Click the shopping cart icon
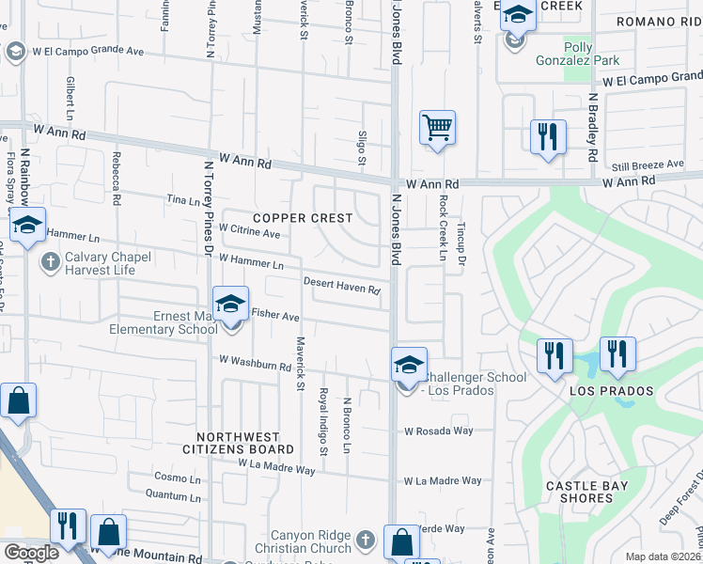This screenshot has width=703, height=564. pyautogui.click(x=437, y=127)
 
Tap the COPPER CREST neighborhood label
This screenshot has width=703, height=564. pyautogui.click(x=303, y=218)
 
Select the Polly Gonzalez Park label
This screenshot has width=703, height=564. pyautogui.click(x=592, y=54)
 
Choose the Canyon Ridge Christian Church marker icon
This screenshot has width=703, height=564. pyautogui.click(x=366, y=540)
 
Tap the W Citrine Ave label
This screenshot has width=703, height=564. pyautogui.click(x=249, y=231)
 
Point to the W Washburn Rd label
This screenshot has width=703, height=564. pyautogui.click(x=255, y=363)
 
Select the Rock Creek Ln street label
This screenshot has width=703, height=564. pyautogui.click(x=441, y=228)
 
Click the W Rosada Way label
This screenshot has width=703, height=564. pyautogui.click(x=439, y=432)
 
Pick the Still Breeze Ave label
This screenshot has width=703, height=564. pyautogui.click(x=647, y=164)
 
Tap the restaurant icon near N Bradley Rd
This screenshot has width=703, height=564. pyautogui.click(x=546, y=136)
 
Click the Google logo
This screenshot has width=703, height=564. pyautogui.click(x=31, y=553)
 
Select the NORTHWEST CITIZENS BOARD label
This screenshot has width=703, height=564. pyautogui.click(x=238, y=443)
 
